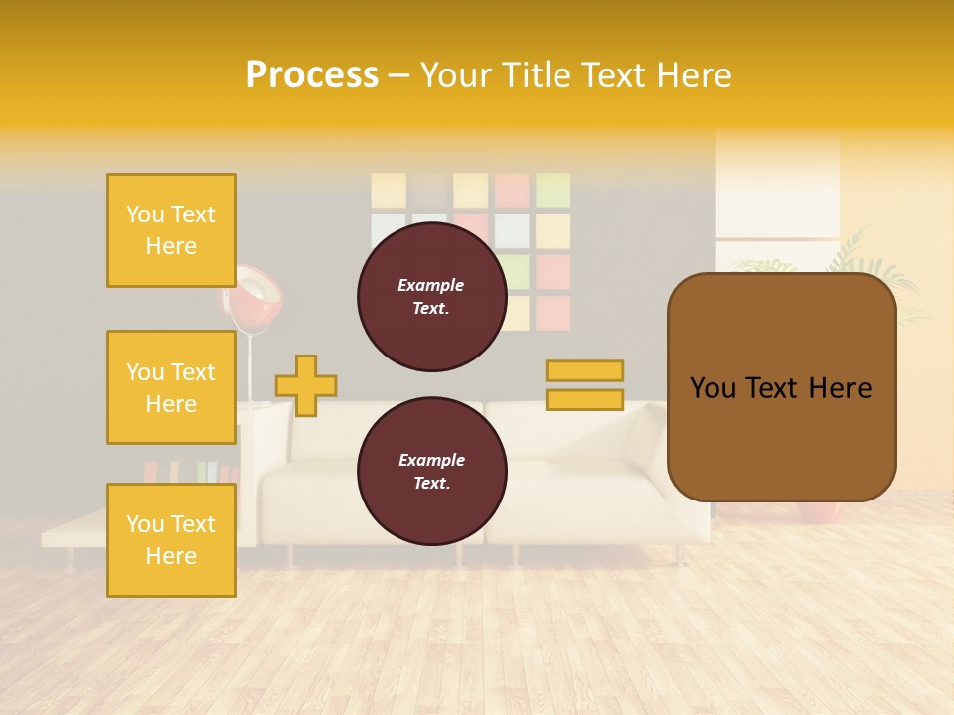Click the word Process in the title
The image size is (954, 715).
coord(312,75)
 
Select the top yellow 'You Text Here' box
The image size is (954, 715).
coord(171,230)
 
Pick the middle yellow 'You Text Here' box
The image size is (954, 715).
coord(171,387)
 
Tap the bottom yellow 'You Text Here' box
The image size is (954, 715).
coord(171,539)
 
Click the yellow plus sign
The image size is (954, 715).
coord(306,385)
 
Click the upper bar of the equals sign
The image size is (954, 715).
coord(584,370)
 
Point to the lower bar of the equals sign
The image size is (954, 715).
coord(584,399)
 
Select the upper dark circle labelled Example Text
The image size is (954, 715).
coord(431,297)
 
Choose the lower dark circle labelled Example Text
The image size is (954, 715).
coord(431,472)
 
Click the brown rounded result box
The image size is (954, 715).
coord(781,387)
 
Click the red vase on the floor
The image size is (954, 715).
coord(819,512)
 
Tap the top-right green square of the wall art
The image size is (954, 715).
coord(554,190)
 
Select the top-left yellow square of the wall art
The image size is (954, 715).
coord(389,190)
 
